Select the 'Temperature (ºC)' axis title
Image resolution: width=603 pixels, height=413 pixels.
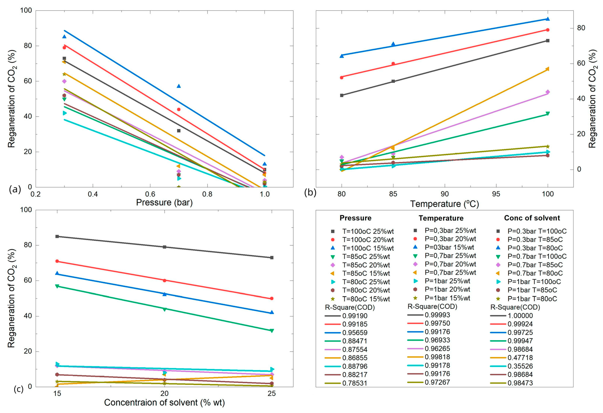pos(444,204)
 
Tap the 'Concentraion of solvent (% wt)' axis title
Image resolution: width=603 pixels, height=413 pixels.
pos(164,402)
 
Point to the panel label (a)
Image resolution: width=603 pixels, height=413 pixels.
pos(15,189)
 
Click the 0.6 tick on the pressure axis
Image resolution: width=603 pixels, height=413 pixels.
pos(150,194)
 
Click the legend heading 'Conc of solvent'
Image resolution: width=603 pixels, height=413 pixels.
pos(532,218)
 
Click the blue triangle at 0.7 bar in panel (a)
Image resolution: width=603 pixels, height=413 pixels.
pos(178,86)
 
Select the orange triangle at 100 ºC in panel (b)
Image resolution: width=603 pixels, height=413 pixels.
pos(548,69)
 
